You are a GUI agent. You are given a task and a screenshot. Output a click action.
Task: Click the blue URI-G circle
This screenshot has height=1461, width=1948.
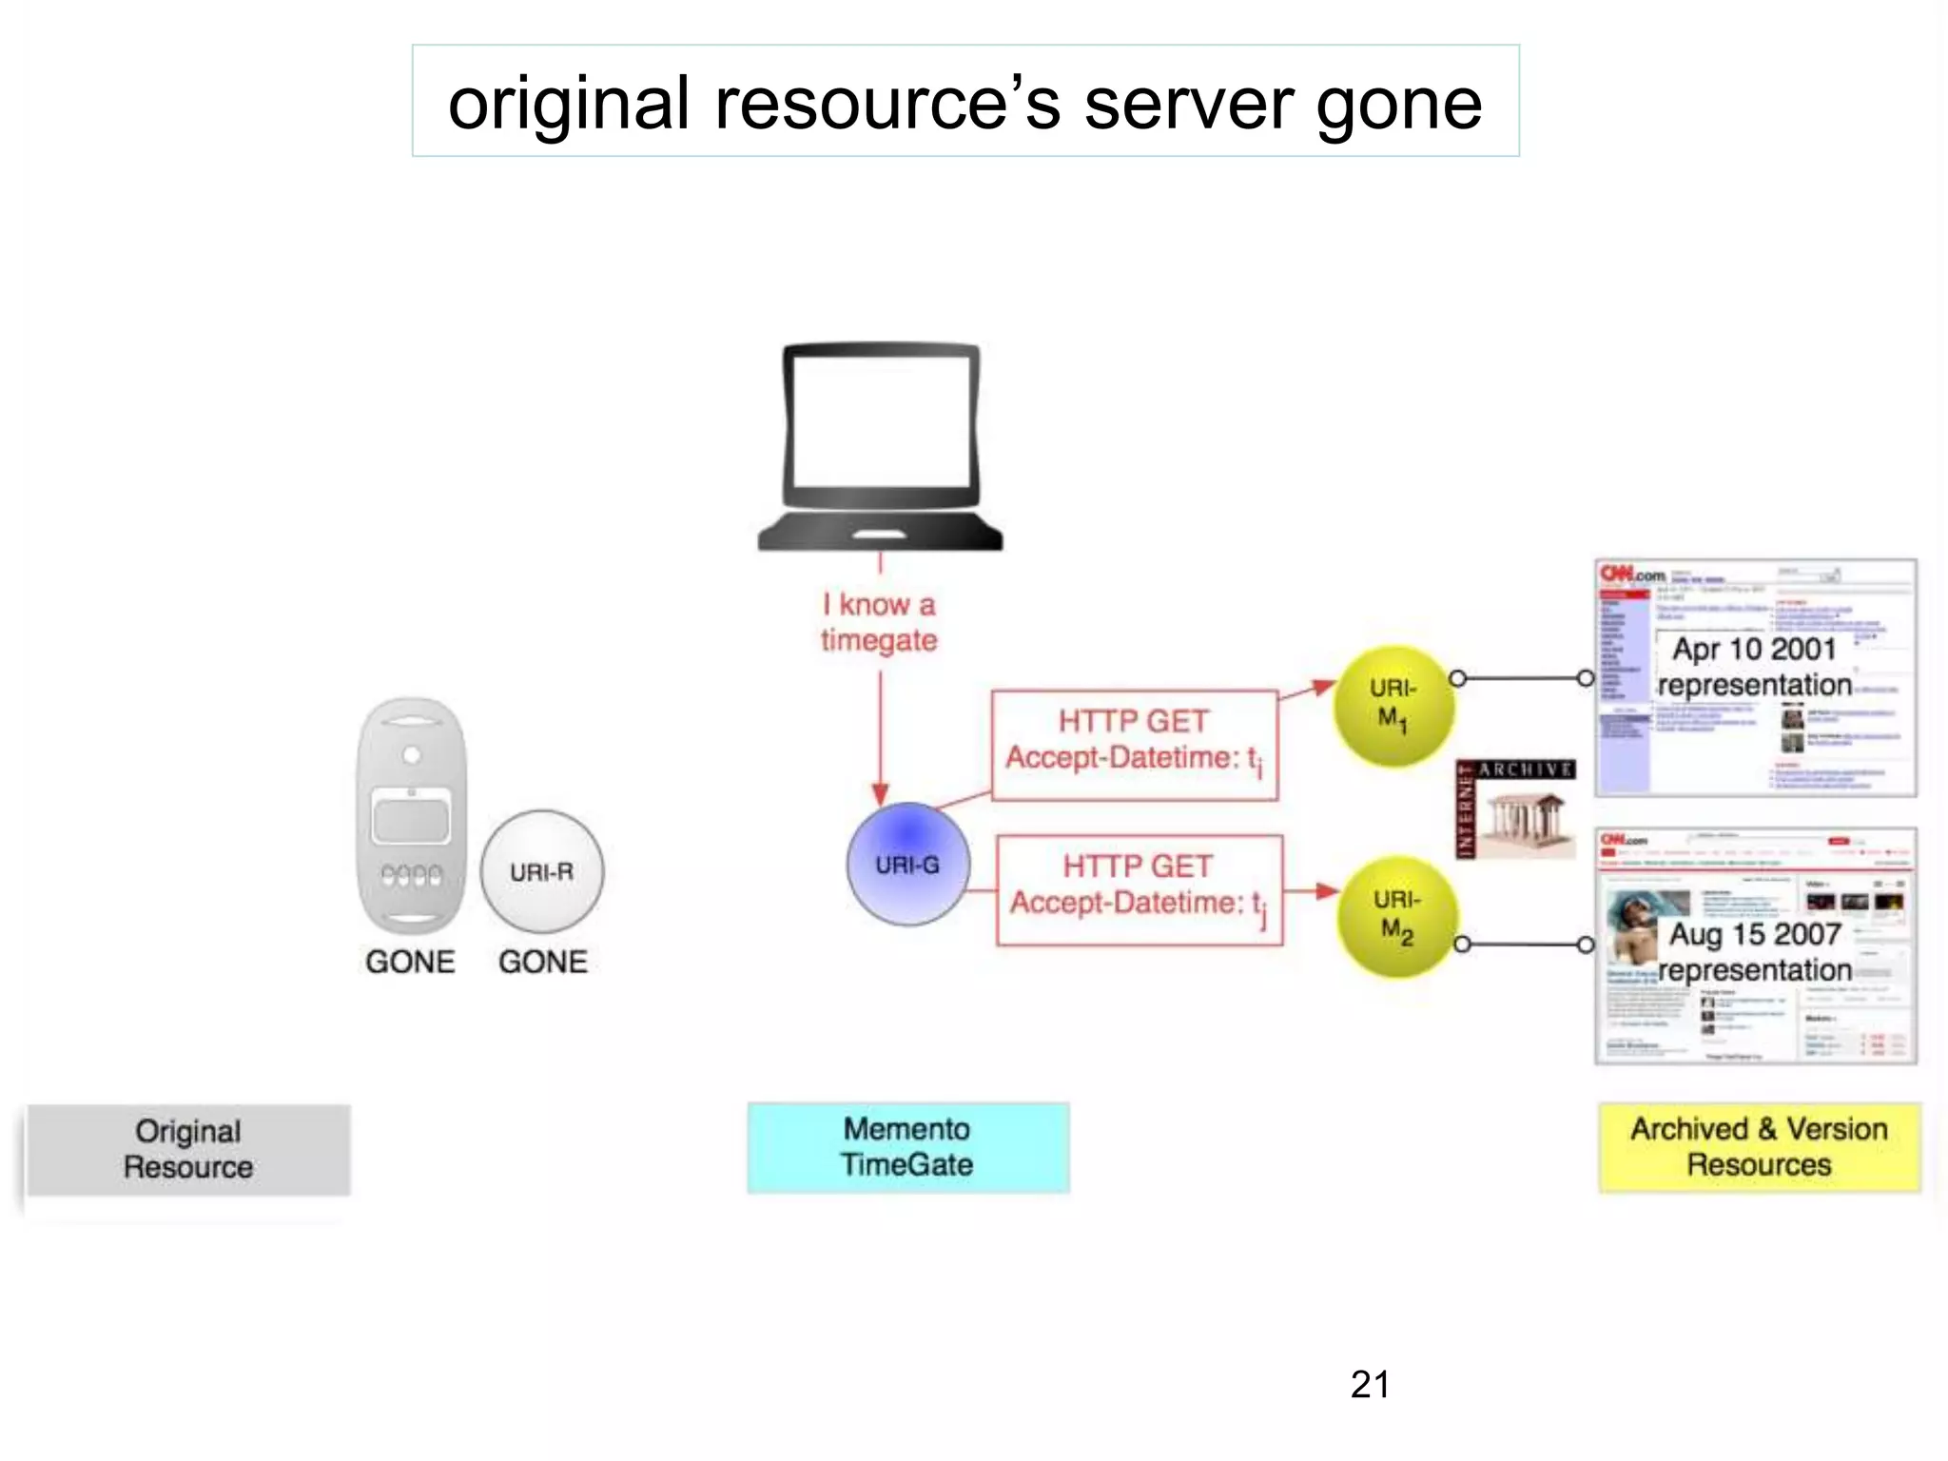click(908, 864)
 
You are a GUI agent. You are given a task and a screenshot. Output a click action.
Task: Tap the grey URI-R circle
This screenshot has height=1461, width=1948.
click(541, 871)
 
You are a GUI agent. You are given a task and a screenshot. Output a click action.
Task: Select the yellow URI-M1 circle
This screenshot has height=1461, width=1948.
click(1393, 706)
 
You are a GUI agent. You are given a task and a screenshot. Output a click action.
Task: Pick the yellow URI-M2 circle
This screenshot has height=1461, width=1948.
click(1396, 917)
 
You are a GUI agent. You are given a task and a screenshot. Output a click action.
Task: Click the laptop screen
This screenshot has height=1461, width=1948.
click(881, 421)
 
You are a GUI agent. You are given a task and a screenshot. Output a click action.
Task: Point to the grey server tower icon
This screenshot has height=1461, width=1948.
click(411, 816)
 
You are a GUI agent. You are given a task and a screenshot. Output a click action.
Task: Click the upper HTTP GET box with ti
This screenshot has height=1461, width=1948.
click(1134, 745)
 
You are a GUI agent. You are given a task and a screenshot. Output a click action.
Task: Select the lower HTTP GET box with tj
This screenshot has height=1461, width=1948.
click(1139, 890)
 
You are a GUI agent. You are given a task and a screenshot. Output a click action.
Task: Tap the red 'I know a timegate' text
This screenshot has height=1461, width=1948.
click(879, 622)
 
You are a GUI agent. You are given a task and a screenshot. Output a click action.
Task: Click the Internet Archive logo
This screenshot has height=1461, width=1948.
click(1514, 808)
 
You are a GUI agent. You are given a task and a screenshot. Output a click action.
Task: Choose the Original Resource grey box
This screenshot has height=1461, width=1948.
click(188, 1149)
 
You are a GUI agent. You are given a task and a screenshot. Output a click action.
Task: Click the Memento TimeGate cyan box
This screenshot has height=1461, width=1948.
click(907, 1147)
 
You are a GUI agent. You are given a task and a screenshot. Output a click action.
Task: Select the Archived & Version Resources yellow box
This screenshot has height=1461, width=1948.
click(1759, 1147)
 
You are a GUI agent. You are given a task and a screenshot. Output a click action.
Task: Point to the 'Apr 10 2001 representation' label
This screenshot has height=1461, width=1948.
click(1754, 667)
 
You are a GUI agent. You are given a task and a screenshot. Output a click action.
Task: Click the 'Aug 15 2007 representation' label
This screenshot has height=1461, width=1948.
click(1754, 952)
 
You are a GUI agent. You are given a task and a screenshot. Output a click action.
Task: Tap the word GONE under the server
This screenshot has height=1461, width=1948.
click(410, 962)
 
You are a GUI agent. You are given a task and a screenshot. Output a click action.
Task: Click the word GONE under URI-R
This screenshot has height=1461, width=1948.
click(542, 962)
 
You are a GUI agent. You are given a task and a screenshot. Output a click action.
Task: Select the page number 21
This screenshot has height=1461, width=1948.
click(1370, 1385)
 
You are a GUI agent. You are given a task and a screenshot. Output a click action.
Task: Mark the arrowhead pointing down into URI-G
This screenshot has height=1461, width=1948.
click(881, 793)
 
